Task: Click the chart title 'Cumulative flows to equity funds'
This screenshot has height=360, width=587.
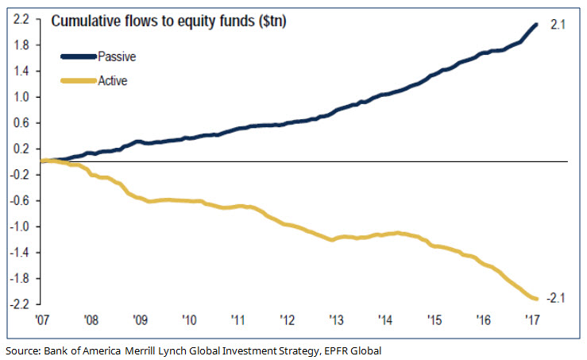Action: click(x=168, y=21)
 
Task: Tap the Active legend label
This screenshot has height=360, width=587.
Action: click(x=112, y=80)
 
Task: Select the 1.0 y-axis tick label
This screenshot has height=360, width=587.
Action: click(x=21, y=97)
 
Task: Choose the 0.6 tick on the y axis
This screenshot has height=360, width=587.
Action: click(x=21, y=122)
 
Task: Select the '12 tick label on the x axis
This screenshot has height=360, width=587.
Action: click(x=287, y=320)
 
